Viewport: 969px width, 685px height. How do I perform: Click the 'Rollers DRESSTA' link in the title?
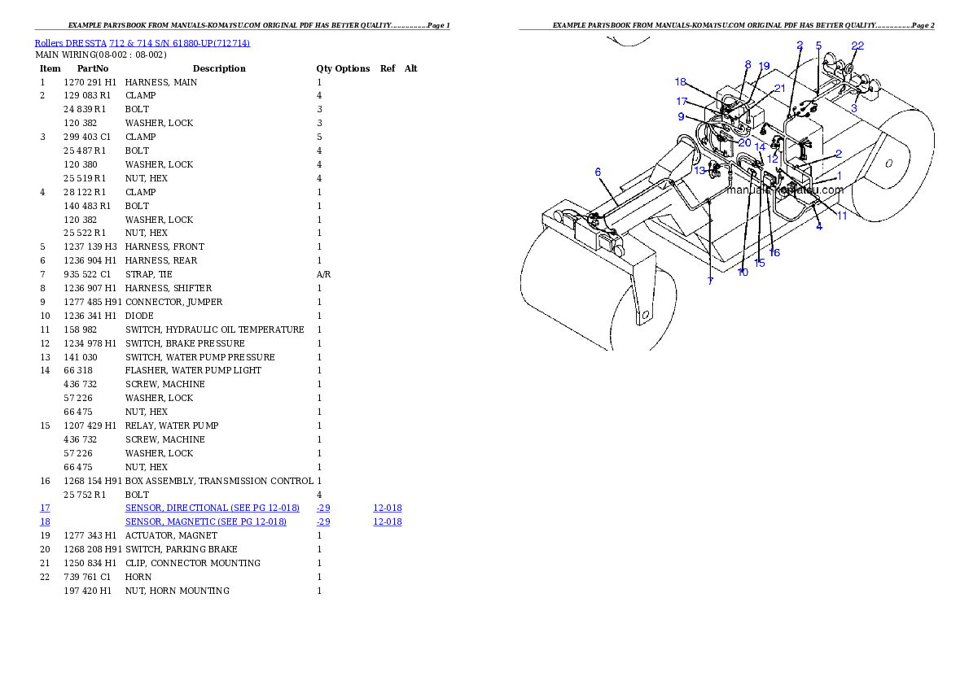click(71, 43)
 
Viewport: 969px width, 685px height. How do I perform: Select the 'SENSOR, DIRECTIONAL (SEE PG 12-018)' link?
click(212, 508)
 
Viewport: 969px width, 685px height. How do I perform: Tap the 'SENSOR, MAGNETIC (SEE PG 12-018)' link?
click(206, 522)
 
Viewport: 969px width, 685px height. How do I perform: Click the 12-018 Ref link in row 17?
click(388, 508)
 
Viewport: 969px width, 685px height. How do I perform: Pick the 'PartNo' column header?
click(93, 68)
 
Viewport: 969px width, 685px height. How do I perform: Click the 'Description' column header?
click(219, 68)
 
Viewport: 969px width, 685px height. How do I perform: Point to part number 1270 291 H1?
click(90, 82)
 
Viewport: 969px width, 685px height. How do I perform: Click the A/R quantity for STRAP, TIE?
click(324, 274)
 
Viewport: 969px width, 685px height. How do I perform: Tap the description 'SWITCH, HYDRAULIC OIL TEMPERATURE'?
click(215, 329)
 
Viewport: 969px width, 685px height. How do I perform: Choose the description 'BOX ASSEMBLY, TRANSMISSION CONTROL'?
click(219, 481)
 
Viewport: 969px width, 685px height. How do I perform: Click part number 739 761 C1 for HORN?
click(87, 577)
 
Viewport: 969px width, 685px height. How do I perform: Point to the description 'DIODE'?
click(140, 316)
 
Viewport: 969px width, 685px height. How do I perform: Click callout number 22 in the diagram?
click(857, 46)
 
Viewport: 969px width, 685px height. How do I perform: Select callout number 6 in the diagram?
click(598, 172)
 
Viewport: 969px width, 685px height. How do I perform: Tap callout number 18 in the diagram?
click(681, 81)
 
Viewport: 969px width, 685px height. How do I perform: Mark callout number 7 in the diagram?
click(710, 281)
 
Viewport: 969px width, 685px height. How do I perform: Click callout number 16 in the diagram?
click(774, 253)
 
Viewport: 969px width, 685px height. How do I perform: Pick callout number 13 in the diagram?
click(699, 171)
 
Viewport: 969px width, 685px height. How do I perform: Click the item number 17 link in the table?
click(45, 508)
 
